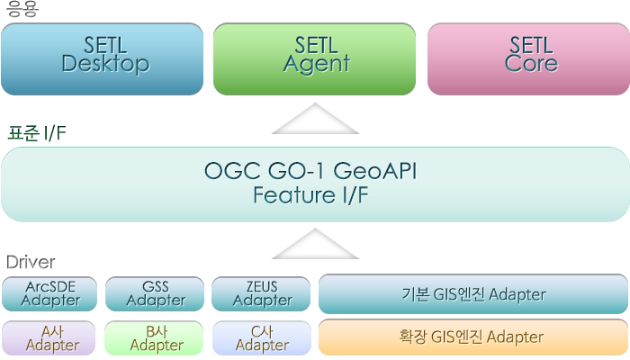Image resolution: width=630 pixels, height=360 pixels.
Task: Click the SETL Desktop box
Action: coord(102,59)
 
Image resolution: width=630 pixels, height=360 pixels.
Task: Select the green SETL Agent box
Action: coord(314,59)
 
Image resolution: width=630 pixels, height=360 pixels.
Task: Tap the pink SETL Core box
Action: coord(528,59)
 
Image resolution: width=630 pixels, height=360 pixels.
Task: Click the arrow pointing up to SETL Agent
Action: coord(315,119)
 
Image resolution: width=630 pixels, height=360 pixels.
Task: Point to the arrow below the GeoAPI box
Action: coord(315,244)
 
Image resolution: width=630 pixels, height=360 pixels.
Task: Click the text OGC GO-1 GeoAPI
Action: coord(310,171)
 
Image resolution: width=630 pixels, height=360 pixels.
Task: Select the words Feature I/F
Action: coord(310,195)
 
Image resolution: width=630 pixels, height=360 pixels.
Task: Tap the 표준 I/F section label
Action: coord(37,133)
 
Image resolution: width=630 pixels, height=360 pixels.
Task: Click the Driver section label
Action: coord(31,262)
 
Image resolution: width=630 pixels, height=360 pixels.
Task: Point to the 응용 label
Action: coord(22,9)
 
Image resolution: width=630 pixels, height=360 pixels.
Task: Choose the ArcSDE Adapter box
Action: coord(49,293)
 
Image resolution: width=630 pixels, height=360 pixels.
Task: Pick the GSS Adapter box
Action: coord(155,293)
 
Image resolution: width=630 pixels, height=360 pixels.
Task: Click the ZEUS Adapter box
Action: coord(261,293)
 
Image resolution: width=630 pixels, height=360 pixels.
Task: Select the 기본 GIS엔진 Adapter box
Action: coord(473,294)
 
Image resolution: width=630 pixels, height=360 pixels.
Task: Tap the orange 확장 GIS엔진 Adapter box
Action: coord(473,337)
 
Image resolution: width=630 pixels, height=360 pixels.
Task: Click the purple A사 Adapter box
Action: coord(49,337)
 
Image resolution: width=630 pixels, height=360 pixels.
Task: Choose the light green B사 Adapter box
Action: coord(154,337)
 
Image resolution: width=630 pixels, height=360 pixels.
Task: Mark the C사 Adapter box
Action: coord(262,337)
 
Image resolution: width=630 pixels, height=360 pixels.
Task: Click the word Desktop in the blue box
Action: coord(105,64)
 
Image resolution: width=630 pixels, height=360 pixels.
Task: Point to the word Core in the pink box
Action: coord(531,64)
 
